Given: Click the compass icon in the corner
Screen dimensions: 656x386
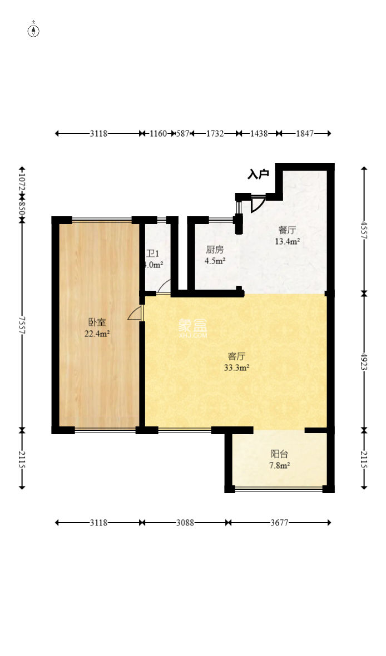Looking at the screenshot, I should click(x=34, y=31).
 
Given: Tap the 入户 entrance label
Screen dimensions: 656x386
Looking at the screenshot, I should click(x=258, y=175).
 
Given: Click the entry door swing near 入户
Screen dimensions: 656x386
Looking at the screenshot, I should click(x=257, y=205).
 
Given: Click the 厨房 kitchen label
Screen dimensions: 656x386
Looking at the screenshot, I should click(x=215, y=250).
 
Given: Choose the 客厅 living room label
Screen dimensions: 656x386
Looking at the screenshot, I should click(x=236, y=356).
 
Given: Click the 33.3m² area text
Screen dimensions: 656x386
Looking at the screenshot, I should click(x=236, y=367).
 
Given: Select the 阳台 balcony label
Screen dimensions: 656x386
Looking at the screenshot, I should click(x=279, y=454).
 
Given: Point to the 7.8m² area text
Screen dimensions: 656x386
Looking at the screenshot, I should click(x=279, y=465).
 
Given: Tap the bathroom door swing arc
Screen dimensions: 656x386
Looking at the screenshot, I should click(x=164, y=286).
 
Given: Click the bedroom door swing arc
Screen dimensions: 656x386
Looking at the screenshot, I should click(x=134, y=315).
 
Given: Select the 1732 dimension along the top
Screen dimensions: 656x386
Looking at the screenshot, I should click(x=215, y=133).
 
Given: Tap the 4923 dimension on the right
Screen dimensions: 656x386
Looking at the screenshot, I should click(x=364, y=361).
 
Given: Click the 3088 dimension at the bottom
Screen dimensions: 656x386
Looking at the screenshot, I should click(x=185, y=523).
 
